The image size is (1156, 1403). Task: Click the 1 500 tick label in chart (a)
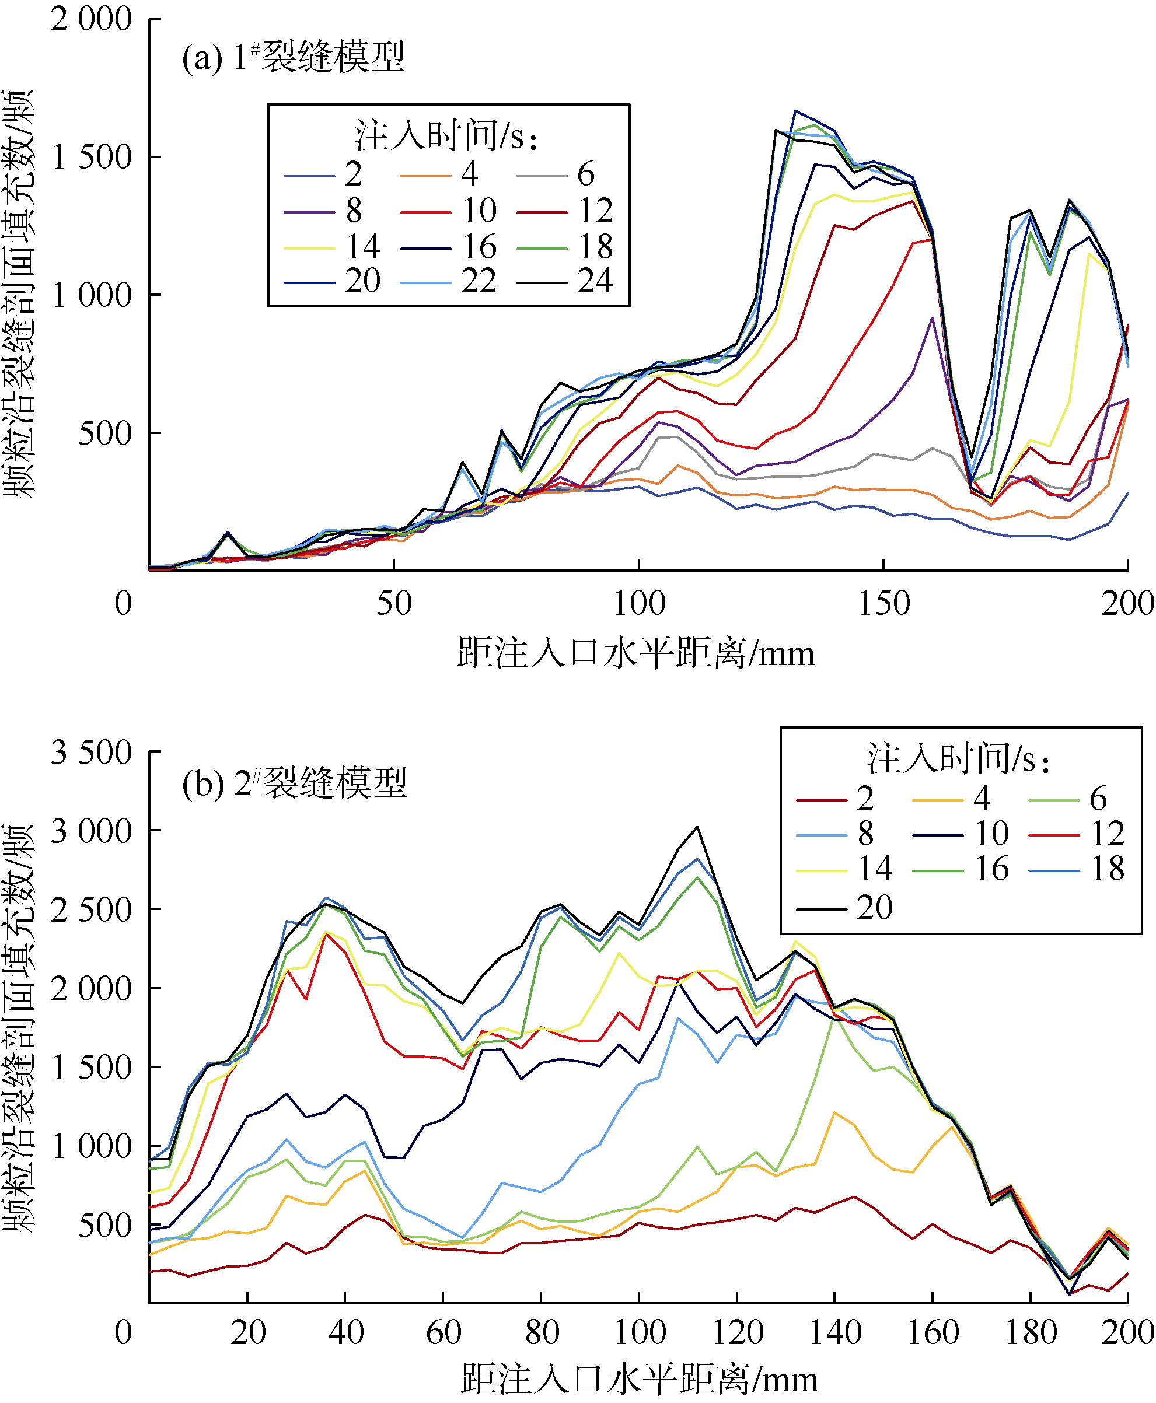92,158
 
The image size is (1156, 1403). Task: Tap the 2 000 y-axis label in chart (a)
90,19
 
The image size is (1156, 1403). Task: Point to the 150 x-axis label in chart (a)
883,604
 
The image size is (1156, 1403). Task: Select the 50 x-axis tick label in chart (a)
394,604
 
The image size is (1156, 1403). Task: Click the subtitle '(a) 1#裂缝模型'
293,57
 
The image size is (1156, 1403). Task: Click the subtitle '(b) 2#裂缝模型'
294,783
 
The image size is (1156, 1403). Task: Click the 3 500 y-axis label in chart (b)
90,753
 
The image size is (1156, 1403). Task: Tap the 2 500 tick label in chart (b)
90,910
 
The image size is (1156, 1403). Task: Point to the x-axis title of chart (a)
636,653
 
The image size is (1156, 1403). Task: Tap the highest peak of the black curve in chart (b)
697,827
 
